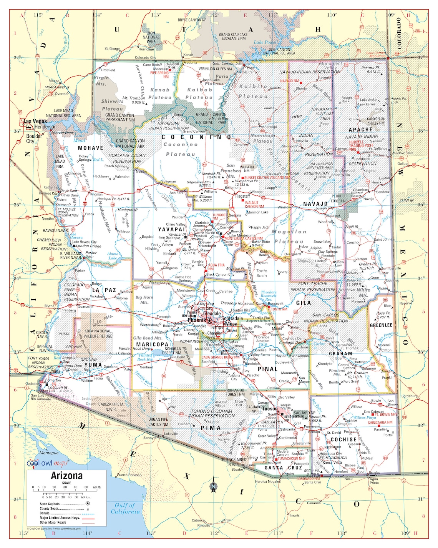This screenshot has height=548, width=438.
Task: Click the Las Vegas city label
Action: (35, 121)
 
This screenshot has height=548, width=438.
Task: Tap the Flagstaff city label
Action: (242, 196)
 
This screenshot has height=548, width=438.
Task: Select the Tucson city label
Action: (270, 408)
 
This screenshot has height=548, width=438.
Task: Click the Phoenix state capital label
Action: (197, 320)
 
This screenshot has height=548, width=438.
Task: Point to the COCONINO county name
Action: (196, 137)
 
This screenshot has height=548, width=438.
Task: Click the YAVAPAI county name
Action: (171, 230)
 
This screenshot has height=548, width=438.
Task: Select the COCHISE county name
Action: (343, 439)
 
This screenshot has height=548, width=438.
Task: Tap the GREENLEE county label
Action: (381, 325)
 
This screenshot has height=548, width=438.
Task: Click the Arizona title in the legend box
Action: (66, 476)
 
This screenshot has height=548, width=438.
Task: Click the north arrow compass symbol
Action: (213, 485)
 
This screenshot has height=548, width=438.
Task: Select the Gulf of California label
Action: (125, 508)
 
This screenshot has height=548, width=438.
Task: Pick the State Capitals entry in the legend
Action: (50, 503)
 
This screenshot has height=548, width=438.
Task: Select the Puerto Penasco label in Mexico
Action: (129, 475)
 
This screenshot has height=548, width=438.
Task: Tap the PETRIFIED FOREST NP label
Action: (339, 198)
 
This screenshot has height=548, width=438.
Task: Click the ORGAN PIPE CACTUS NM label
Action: (158, 422)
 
